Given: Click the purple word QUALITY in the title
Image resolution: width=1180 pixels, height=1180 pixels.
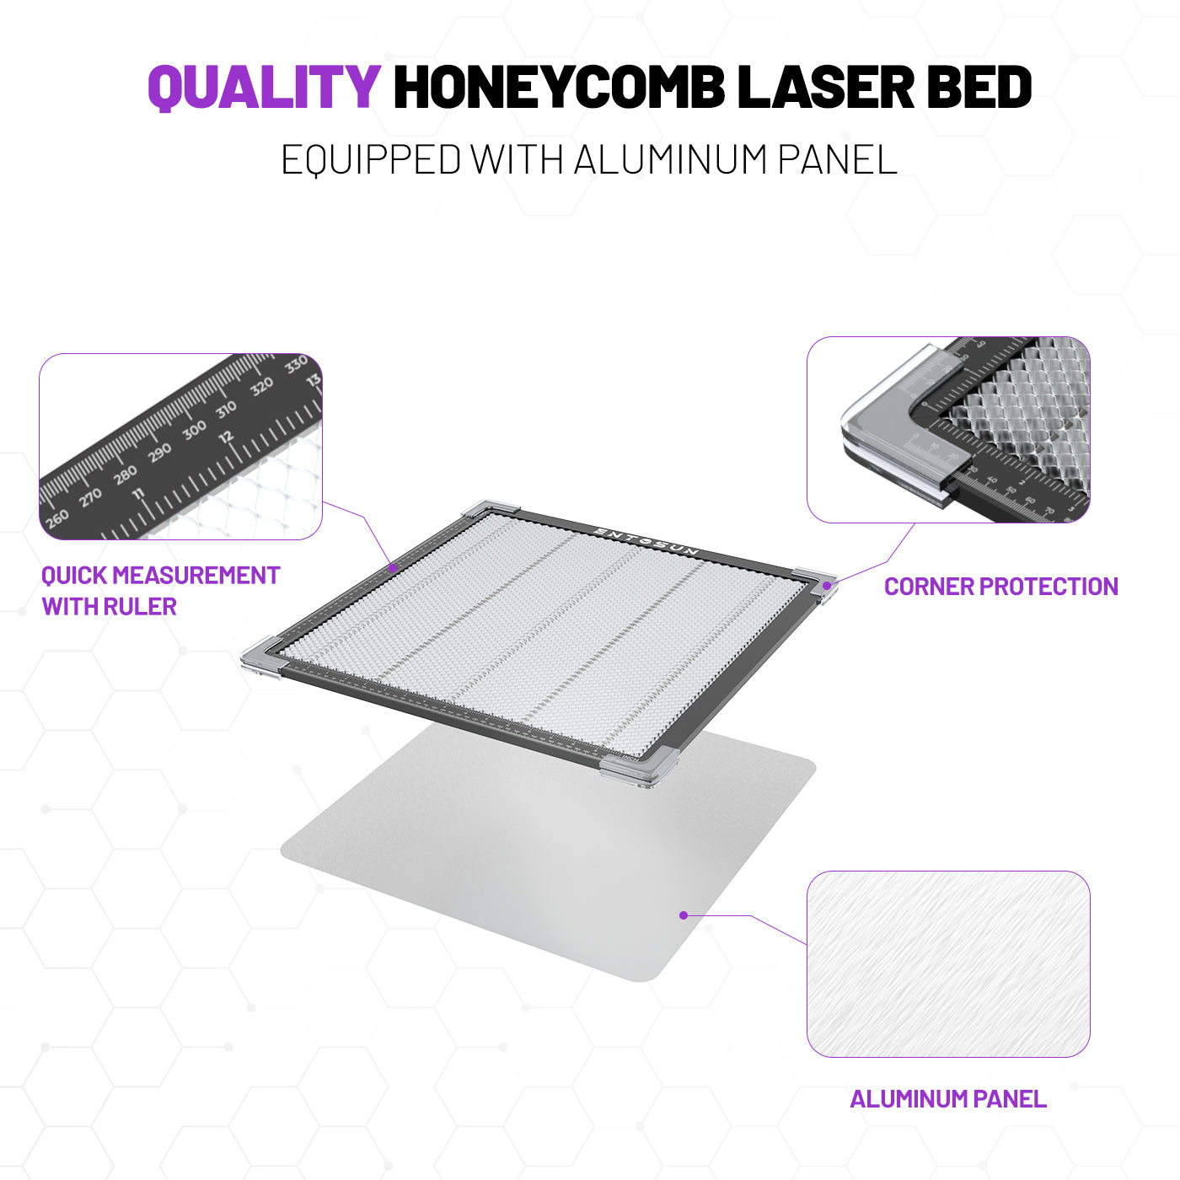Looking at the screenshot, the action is (x=265, y=87).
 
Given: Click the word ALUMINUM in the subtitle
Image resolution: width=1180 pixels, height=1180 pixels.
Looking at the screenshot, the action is (x=670, y=160).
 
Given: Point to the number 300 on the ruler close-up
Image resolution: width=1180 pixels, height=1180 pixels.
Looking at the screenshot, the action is (x=194, y=431).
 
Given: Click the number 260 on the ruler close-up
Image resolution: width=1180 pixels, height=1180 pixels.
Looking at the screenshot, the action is (x=57, y=519).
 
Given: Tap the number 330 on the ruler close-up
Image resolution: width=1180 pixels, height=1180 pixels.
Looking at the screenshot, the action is (x=296, y=366).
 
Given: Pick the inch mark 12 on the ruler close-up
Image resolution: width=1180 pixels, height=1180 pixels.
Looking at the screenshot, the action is (x=226, y=437).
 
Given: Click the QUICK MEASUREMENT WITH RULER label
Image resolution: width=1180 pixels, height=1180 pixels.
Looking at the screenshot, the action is (x=160, y=591).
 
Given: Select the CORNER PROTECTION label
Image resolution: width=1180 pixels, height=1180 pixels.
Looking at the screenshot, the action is (x=1001, y=587).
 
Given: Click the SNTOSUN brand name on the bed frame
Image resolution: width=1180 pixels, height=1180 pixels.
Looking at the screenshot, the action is (x=646, y=541).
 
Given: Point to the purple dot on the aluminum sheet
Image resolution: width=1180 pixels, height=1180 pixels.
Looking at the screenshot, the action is (x=684, y=915).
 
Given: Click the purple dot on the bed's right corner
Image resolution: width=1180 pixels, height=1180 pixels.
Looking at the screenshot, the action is (x=827, y=586).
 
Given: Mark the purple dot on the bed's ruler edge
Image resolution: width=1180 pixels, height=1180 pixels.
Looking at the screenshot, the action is (x=393, y=568).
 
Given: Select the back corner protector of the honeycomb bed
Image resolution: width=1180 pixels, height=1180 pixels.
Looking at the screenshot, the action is (x=490, y=507).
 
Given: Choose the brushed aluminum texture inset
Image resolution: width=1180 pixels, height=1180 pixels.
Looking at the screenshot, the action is (x=948, y=964).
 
